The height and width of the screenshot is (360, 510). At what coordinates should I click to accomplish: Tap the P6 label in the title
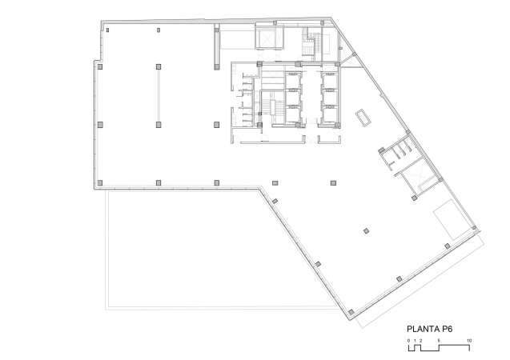(x=447, y=329)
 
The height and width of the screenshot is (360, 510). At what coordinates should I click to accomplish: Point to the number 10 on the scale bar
(x=469, y=341)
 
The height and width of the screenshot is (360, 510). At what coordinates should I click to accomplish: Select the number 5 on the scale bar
(x=439, y=341)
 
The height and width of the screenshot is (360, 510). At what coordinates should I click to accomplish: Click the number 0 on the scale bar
(x=409, y=341)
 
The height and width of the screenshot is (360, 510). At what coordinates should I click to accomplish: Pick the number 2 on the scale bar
(x=420, y=341)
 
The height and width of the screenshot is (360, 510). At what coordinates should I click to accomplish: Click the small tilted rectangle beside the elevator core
(x=363, y=118)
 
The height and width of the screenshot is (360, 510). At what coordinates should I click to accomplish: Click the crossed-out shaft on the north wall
(x=266, y=38)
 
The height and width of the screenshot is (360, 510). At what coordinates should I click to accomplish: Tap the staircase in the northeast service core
(x=309, y=44)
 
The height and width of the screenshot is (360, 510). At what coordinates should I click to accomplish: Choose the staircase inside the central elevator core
(x=269, y=107)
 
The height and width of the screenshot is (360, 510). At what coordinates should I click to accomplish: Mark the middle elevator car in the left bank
(x=293, y=98)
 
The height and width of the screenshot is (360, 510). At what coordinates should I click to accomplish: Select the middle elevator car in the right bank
(x=329, y=98)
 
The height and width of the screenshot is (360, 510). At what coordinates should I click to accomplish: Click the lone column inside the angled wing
(x=366, y=231)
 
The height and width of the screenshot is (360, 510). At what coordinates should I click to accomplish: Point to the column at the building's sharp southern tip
(x=351, y=313)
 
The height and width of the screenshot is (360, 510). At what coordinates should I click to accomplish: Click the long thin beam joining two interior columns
(x=159, y=95)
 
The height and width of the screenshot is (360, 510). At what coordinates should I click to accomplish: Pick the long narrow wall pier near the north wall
(x=217, y=47)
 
